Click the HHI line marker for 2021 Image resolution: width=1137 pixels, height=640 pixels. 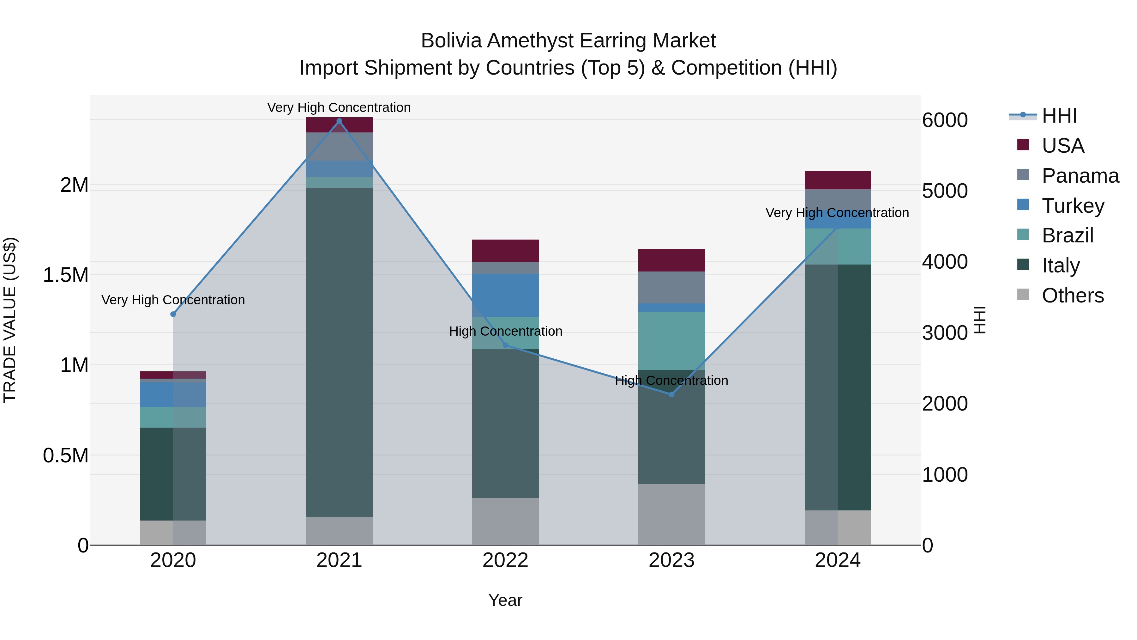[339, 121]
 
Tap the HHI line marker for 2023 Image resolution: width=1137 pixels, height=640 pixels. [671, 394]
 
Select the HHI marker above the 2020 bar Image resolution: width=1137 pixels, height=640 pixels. [173, 314]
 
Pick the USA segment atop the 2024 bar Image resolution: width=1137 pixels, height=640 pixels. [837, 180]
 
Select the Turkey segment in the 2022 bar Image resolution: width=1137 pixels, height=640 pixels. [505, 295]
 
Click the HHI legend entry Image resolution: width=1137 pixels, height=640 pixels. [1059, 116]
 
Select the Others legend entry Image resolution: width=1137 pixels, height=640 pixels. [1073, 296]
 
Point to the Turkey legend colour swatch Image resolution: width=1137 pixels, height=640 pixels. [1023, 205]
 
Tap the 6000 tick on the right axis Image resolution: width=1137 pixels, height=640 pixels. [945, 120]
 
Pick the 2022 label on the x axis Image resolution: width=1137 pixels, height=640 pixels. [505, 560]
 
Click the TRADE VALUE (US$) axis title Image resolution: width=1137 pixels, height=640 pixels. [10, 320]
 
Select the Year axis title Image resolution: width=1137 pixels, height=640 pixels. [505, 600]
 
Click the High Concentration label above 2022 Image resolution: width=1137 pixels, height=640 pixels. [505, 331]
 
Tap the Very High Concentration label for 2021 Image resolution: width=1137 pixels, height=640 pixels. [339, 107]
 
